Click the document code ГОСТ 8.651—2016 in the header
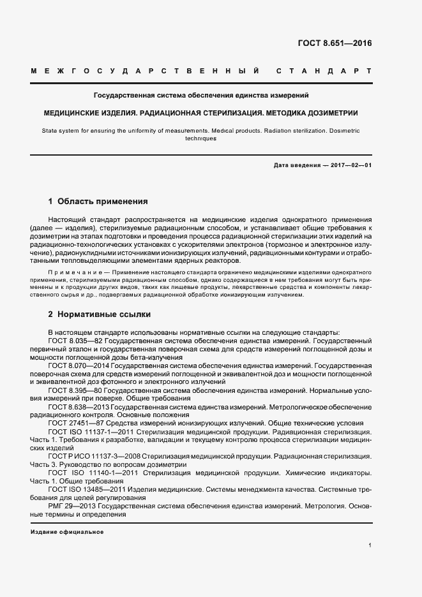click(x=335, y=44)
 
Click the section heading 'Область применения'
click(x=103, y=202)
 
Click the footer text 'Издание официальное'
click(x=67, y=532)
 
